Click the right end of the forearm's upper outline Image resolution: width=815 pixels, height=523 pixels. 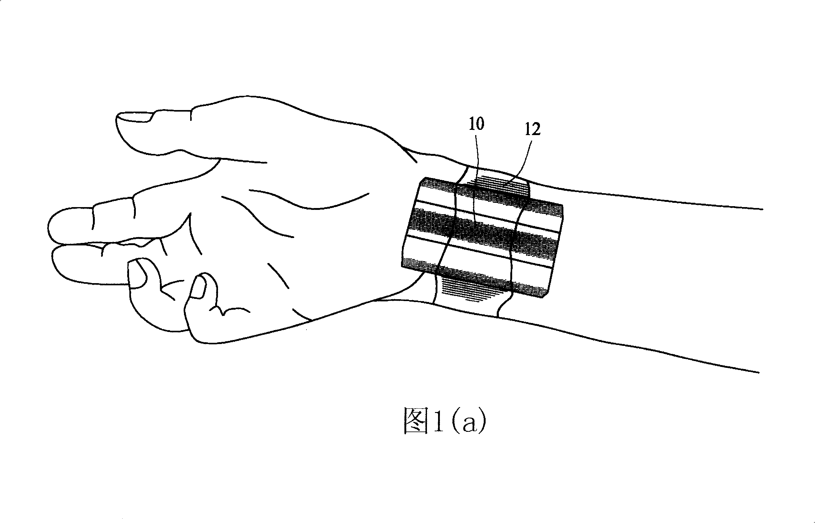[763, 209]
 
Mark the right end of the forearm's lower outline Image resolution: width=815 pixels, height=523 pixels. [759, 373]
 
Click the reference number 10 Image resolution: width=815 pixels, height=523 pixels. [476, 124]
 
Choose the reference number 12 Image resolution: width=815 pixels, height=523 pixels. [532, 130]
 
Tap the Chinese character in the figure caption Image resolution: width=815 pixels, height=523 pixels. [416, 421]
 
